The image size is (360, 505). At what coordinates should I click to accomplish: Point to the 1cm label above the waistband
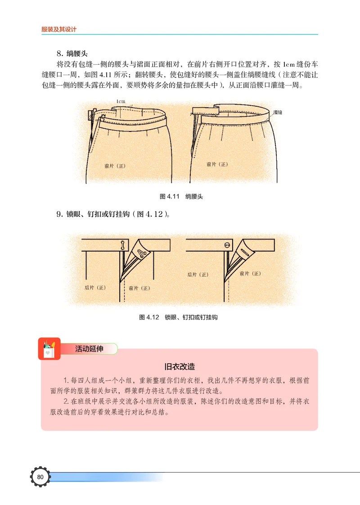click(x=121, y=101)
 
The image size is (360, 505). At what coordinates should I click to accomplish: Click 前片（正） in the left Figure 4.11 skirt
click(x=115, y=166)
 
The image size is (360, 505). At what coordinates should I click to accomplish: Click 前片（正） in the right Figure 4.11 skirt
click(x=217, y=164)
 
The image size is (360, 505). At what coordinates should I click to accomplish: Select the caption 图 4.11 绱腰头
click(x=181, y=197)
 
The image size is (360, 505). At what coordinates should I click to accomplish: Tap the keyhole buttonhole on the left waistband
click(x=122, y=245)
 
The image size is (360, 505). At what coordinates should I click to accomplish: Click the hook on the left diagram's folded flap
click(x=142, y=253)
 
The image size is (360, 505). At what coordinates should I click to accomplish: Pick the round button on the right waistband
click(x=227, y=245)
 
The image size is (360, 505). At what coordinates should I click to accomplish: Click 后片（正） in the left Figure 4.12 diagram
click(x=95, y=287)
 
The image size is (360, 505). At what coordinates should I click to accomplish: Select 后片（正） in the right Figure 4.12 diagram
click(x=198, y=275)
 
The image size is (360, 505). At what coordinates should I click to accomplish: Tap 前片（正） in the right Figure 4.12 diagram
click(x=251, y=273)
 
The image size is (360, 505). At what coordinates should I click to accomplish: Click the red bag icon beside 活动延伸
click(x=49, y=349)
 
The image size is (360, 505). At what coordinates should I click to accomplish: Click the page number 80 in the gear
click(x=40, y=477)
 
